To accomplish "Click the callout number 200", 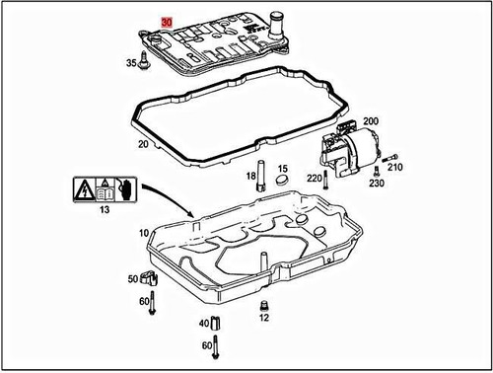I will click(372, 120).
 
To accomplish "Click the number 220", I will click(315, 179).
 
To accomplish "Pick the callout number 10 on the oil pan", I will click(144, 234).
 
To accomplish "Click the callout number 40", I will click(204, 324).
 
